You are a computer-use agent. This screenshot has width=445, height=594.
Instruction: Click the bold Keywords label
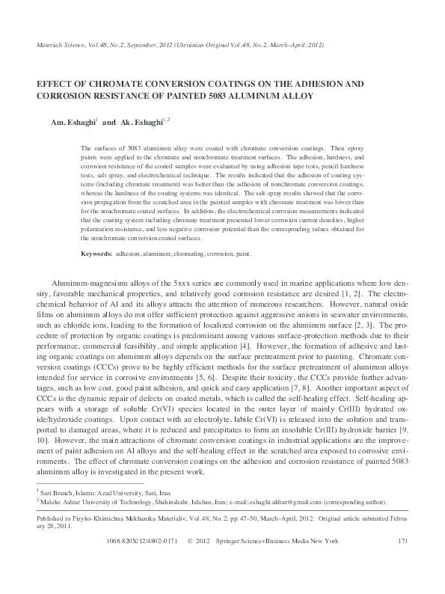click(x=96, y=254)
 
